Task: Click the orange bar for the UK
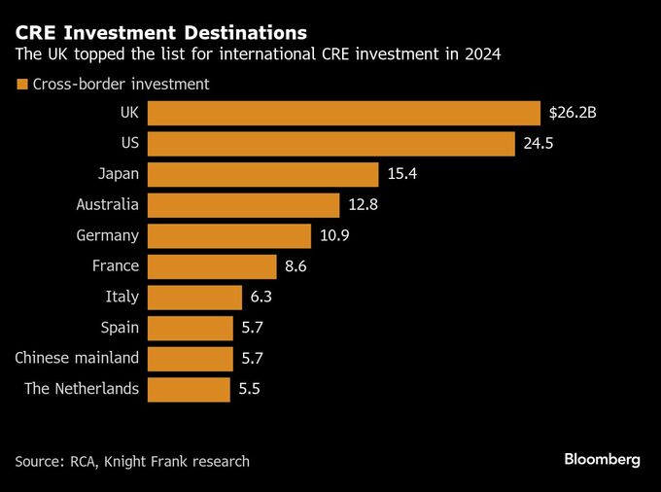coord(344,113)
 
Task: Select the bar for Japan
coord(262,175)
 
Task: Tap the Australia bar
coord(243,205)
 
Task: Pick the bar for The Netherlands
coord(189,390)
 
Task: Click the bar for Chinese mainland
coord(191,359)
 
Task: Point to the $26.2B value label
coord(573,113)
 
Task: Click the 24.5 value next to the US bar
coord(538,144)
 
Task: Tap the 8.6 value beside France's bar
coord(296,266)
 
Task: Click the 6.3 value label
coord(261,298)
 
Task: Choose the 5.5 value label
coord(250,390)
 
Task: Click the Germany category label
coord(108,236)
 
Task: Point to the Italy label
coord(122,298)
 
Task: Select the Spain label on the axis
coord(120,328)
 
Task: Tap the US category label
coord(128,144)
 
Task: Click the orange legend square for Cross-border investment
coord(21,85)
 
